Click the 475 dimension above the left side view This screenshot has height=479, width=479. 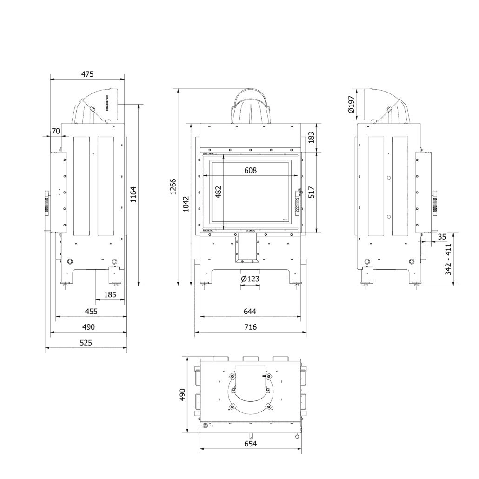point(87,73)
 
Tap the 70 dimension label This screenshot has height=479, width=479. point(55,131)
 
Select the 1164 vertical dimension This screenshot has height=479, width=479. point(133,195)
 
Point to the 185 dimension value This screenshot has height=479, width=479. point(110,294)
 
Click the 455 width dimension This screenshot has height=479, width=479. point(91,311)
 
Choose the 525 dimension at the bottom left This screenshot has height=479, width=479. point(86,342)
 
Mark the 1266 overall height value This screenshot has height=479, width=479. point(173,187)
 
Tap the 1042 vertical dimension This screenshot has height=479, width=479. point(186,204)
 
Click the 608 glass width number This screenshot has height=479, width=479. point(251,170)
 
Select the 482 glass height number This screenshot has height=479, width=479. point(219,193)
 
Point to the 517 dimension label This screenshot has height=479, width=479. point(312,193)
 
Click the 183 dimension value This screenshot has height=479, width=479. point(312,137)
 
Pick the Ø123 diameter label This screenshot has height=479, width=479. point(250,279)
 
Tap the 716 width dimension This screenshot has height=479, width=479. point(250,327)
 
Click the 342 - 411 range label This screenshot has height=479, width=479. point(448,259)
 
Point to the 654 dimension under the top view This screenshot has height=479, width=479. point(250,444)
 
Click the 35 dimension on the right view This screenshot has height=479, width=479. point(442,237)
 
